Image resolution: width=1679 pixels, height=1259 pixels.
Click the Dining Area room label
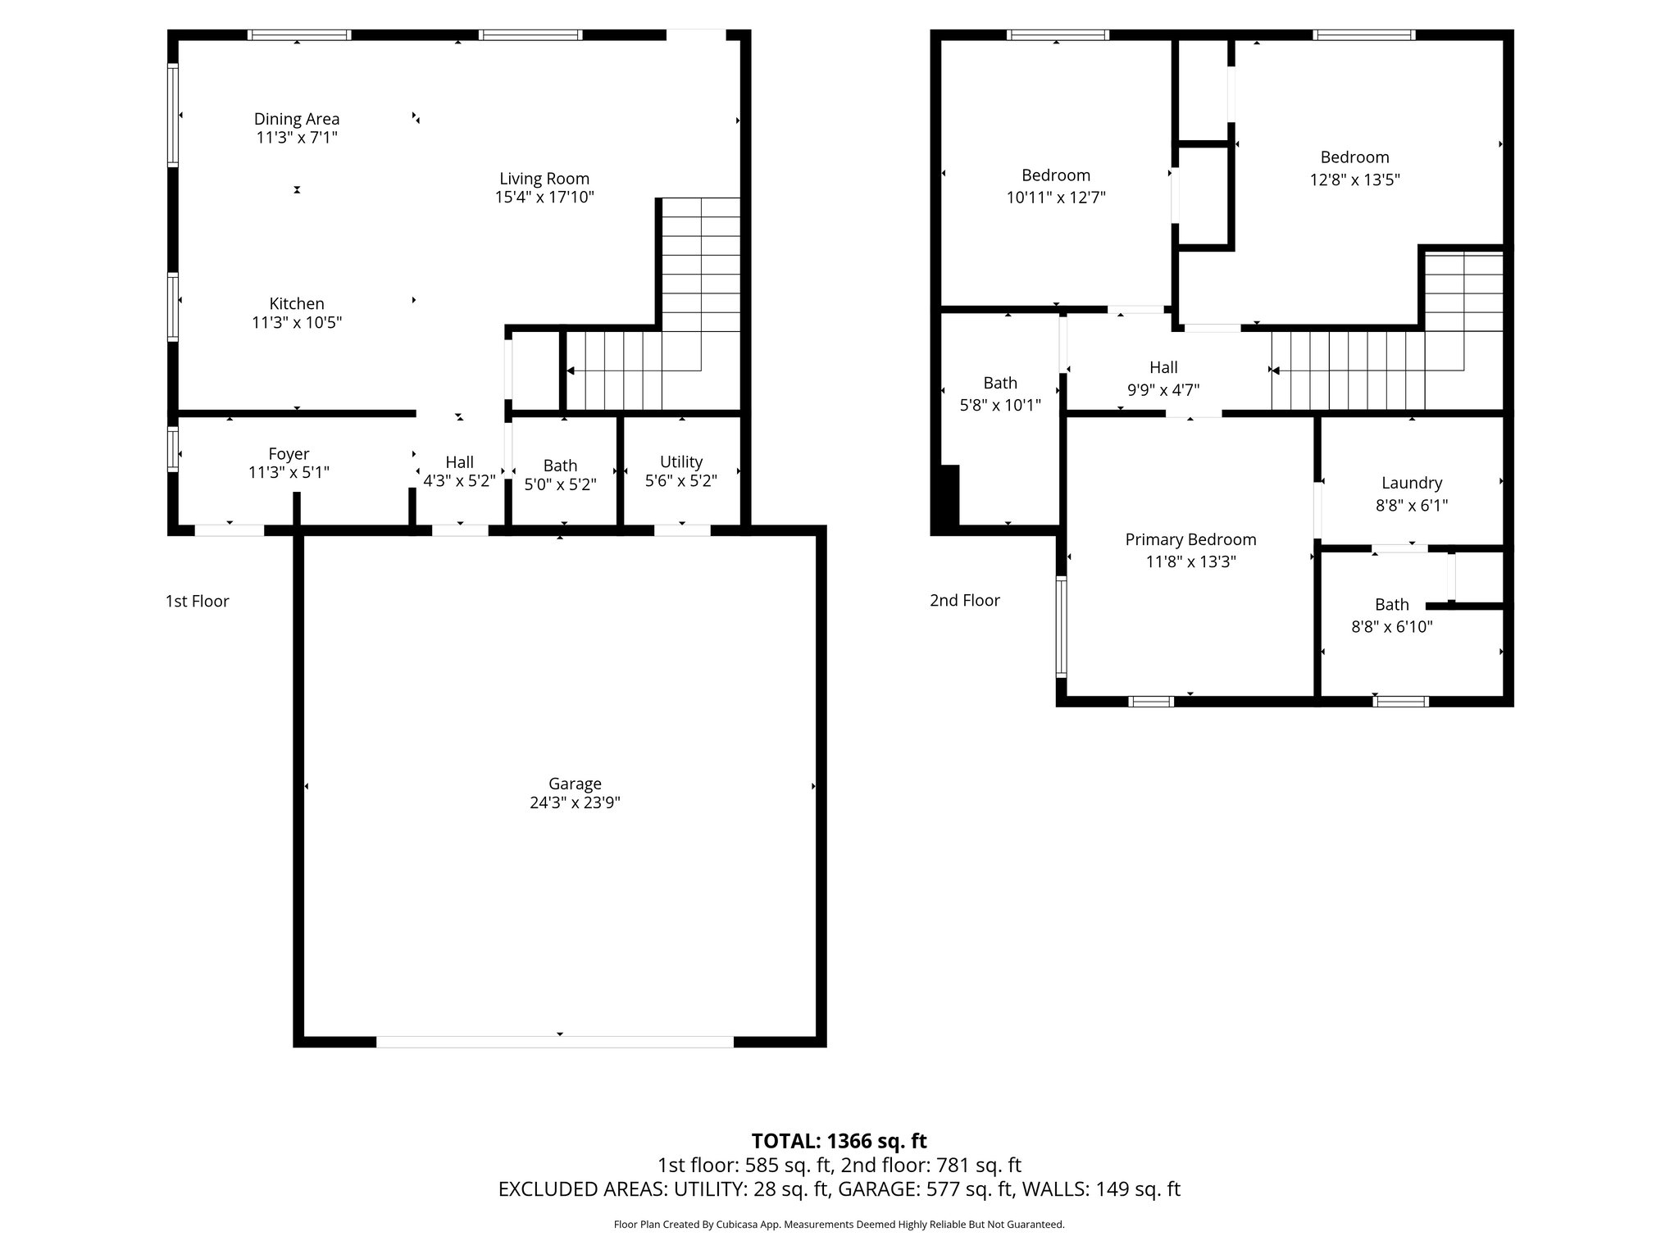click(296, 119)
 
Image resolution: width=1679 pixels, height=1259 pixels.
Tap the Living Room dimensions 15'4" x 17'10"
click(544, 198)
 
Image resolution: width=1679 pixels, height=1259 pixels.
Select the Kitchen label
click(297, 303)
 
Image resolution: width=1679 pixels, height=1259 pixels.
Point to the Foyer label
click(289, 454)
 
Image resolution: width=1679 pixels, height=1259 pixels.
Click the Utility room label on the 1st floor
click(680, 461)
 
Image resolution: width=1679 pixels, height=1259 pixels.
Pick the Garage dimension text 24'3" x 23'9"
click(575, 803)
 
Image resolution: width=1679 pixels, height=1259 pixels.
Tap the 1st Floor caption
click(197, 602)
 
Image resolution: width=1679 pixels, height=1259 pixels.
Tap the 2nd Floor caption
click(964, 601)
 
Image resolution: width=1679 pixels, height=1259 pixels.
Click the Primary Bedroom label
click(1190, 539)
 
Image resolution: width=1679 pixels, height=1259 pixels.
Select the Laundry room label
click(1411, 483)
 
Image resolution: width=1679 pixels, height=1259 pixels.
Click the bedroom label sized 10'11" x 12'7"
click(1055, 175)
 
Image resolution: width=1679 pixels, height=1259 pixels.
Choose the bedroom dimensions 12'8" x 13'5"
click(1354, 180)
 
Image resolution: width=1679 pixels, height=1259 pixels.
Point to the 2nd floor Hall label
click(1163, 368)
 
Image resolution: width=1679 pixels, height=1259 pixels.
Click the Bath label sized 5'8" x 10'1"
click(1000, 383)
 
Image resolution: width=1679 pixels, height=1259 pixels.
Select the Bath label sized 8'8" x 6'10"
click(1391, 605)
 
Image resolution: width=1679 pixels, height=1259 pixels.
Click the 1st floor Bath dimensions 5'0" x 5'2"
click(560, 484)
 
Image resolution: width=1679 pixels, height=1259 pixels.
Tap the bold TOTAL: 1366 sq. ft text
click(839, 1141)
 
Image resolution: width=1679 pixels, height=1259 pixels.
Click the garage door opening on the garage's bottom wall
click(555, 1042)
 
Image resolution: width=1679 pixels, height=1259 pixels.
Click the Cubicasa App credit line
click(839, 1225)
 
